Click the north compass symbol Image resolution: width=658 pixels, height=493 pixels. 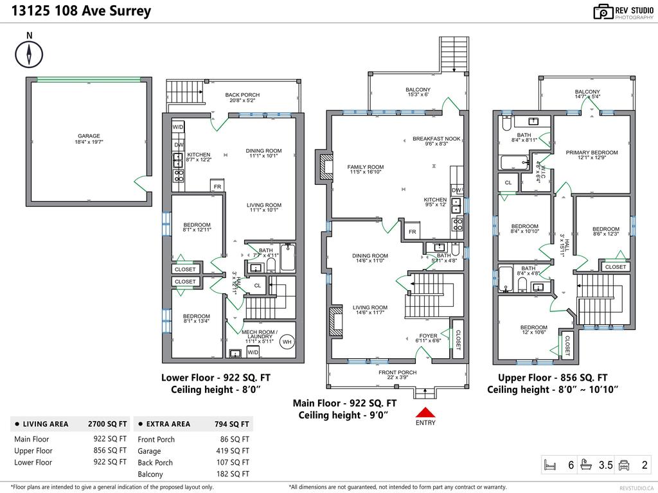[29, 53]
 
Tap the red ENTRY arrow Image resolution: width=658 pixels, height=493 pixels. [425, 412]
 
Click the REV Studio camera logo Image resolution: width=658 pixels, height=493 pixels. [603, 12]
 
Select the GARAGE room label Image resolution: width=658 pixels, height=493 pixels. [89, 136]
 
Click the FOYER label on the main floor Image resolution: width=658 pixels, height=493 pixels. [429, 336]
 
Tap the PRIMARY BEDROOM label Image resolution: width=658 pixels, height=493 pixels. [591, 153]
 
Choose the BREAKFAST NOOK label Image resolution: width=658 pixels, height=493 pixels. [436, 139]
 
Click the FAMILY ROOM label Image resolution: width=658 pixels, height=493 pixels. [366, 167]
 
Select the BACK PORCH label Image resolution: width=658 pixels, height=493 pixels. [242, 95]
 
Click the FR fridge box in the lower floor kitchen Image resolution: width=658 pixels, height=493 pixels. [217, 186]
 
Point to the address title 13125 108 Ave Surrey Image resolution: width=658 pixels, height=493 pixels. [81, 11]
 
